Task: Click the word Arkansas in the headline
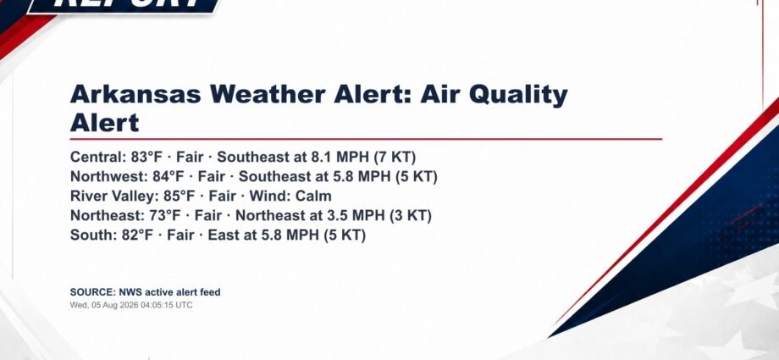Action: point(135,94)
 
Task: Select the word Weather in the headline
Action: point(268,94)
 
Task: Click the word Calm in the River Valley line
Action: point(313,196)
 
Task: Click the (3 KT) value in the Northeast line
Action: point(411,216)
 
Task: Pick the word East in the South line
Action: point(222,235)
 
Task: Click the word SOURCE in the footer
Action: point(93,292)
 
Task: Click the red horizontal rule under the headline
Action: point(366,139)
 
